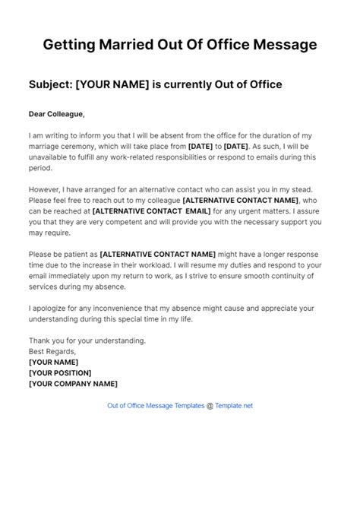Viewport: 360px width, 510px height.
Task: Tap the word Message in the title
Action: (x=276, y=45)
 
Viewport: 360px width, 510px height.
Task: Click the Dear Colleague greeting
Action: (x=56, y=115)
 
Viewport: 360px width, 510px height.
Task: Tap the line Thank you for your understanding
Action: (x=87, y=341)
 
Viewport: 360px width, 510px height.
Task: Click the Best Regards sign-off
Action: (x=52, y=351)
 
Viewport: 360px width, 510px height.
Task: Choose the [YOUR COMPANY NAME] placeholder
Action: (x=73, y=383)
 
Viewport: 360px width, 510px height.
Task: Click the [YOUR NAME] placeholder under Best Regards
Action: (x=52, y=362)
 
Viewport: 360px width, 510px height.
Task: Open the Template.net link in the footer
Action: (x=235, y=406)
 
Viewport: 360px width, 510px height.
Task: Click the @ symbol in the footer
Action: (x=210, y=406)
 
